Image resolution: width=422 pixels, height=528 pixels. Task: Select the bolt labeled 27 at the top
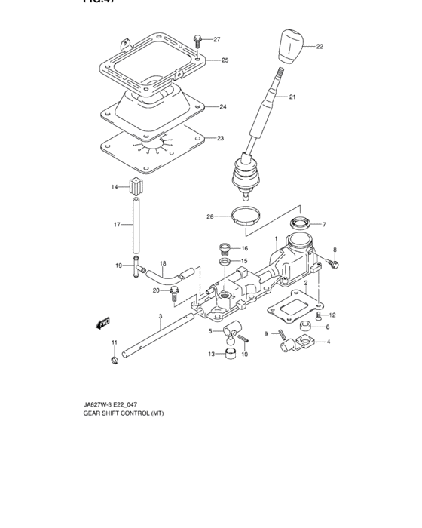[x=197, y=40]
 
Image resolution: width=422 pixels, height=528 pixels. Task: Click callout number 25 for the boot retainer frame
[x=224, y=60]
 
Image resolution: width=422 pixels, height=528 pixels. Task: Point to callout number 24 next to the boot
[x=222, y=106]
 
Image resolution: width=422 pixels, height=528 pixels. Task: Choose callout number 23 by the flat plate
[x=221, y=138]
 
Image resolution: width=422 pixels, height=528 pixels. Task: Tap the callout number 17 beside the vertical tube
[x=117, y=224]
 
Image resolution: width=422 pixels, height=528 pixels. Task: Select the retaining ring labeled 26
[x=245, y=217]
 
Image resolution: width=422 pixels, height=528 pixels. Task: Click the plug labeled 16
[x=223, y=247]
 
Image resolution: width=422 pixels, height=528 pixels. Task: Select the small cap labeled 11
[x=115, y=361]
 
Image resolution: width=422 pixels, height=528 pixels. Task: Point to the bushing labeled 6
[x=307, y=327]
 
